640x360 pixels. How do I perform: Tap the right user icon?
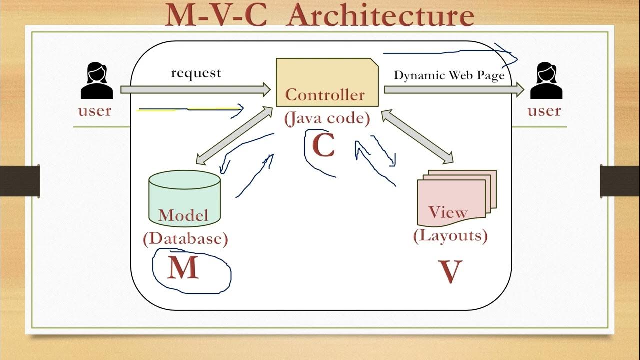546,80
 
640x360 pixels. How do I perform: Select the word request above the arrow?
196,73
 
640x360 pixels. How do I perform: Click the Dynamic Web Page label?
449,75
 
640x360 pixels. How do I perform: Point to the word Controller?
325,94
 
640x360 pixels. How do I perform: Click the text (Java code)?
327,119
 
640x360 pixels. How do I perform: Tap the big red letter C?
323,146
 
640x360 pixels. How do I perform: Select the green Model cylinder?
185,197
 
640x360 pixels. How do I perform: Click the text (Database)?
185,239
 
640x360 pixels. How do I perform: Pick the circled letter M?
183,268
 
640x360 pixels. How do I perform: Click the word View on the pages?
448,212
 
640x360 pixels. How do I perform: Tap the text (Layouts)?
450,235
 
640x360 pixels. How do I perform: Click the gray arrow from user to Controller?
195,90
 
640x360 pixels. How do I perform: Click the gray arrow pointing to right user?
453,90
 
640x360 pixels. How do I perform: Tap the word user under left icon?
95,110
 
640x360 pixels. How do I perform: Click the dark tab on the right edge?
619,180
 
